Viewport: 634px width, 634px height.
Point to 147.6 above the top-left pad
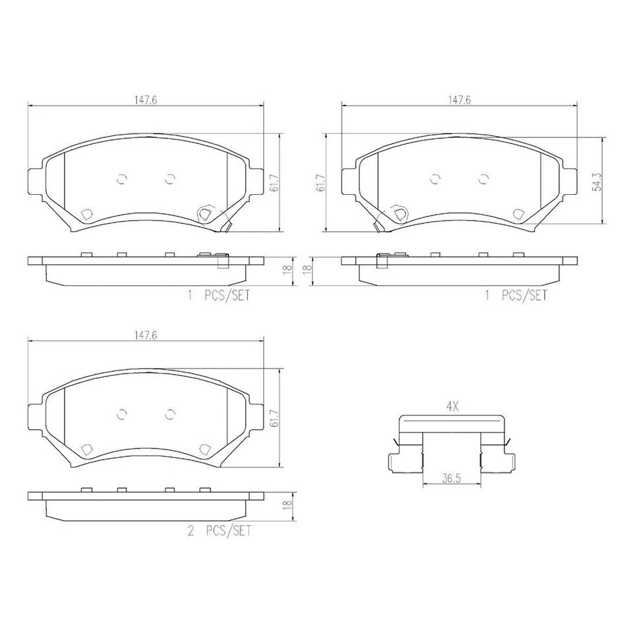click(145, 100)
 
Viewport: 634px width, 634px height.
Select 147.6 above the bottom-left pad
click(145, 335)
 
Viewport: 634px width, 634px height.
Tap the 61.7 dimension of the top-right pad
click(320, 183)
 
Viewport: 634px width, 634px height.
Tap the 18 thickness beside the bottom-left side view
click(286, 503)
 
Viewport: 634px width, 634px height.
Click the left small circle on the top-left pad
click(121, 178)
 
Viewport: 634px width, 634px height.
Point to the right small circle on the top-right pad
click(483, 178)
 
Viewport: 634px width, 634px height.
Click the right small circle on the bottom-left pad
click(170, 413)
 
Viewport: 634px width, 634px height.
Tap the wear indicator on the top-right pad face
click(398, 213)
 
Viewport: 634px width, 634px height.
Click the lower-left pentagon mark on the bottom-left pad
click(86, 449)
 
